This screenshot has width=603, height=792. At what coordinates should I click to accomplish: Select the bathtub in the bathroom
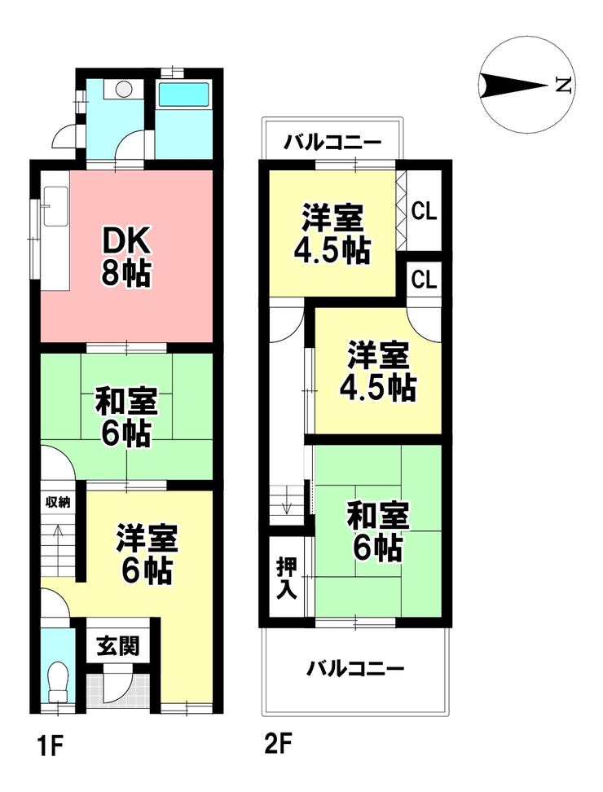(183, 95)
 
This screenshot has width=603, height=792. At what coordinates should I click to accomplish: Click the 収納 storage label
(57, 501)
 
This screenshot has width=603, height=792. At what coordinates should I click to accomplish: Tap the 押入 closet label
(286, 577)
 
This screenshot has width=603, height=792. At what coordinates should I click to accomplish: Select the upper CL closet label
(424, 211)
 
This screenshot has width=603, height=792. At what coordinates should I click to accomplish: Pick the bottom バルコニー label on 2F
(355, 670)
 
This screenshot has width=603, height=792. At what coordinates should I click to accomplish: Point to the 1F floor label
(44, 742)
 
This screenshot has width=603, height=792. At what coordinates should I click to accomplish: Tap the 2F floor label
(277, 742)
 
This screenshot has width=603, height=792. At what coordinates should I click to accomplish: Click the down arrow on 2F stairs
(287, 506)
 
